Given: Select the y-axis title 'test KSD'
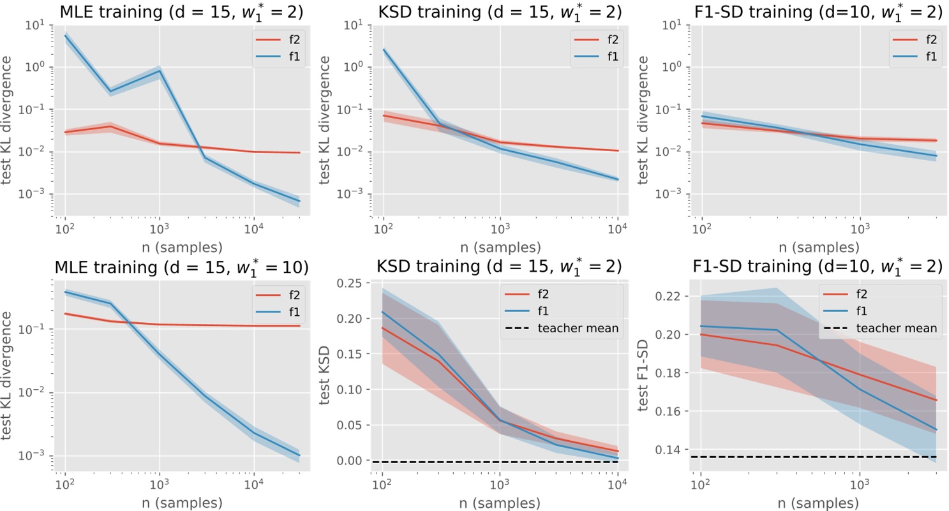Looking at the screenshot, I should point(329,377).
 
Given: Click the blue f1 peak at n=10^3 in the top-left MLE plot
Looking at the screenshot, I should point(159,71).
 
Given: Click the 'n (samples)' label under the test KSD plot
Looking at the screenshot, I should point(499,501).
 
